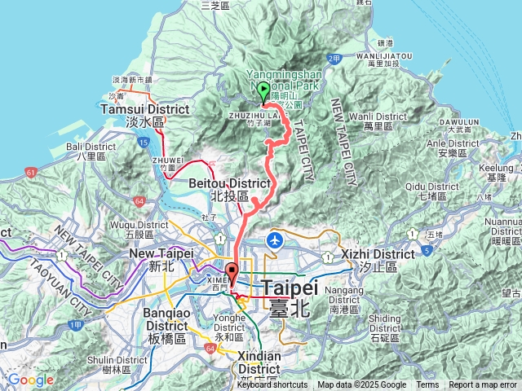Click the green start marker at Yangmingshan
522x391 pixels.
[x=263, y=91]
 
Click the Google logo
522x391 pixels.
[x=31, y=380]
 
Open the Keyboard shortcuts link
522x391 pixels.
[x=272, y=385]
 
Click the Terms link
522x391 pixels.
[x=427, y=385]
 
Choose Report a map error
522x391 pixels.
[x=484, y=385]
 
